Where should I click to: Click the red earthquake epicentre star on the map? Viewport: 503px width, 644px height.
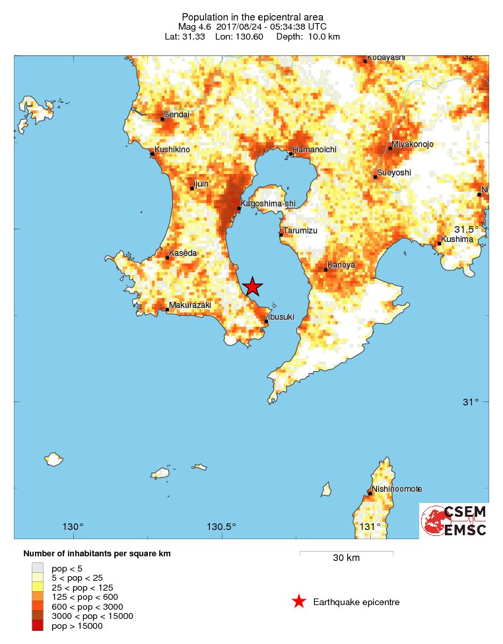point(252,287)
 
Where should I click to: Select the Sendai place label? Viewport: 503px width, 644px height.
point(176,115)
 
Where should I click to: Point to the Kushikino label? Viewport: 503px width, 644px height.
point(172,150)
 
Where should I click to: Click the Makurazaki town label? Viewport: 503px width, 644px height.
point(189,305)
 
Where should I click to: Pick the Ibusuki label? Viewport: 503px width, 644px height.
point(281,318)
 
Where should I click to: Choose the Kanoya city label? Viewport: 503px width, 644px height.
point(342,265)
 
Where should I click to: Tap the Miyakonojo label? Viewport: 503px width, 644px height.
point(413,144)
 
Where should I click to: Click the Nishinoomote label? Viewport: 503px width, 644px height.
point(397,489)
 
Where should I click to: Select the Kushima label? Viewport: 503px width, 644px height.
point(458,239)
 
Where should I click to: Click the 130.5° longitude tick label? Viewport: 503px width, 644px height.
point(221,527)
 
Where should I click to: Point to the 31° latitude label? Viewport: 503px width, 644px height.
point(471,402)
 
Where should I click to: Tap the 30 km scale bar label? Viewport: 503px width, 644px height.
point(346,558)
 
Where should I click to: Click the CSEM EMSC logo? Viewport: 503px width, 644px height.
point(454,521)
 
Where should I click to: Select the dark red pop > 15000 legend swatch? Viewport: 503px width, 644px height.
point(38,626)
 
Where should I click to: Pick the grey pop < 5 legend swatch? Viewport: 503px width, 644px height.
point(38,568)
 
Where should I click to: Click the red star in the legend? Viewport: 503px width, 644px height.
point(299,601)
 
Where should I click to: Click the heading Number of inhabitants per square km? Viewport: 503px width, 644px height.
point(97,554)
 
